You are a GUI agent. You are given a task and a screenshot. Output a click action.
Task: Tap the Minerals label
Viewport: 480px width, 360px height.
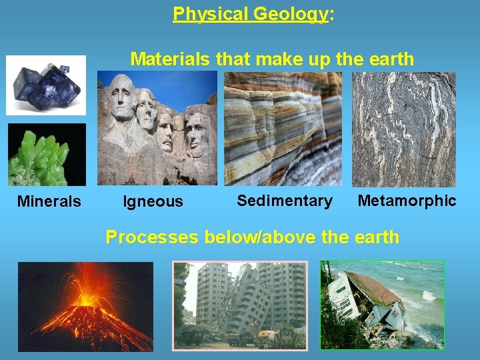click(49, 201)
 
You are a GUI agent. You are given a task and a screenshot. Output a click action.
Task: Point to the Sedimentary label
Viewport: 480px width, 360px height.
click(285, 201)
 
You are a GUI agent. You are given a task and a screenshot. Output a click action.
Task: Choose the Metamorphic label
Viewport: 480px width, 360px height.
click(407, 201)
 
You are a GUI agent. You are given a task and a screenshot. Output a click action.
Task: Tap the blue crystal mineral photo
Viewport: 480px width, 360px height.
click(46, 85)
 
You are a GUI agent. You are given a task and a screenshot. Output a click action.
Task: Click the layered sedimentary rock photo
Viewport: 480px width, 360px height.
click(283, 129)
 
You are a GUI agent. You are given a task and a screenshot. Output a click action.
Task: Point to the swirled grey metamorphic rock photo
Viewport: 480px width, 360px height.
click(404, 129)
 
